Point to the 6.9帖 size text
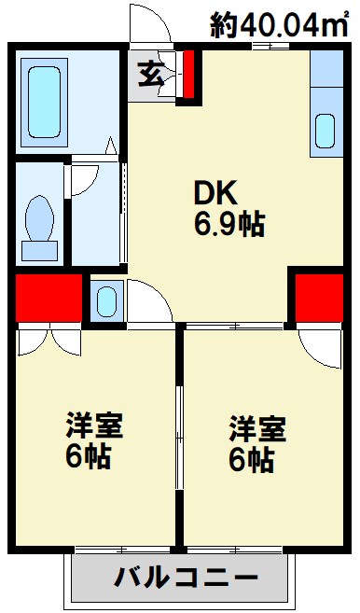point(228,224)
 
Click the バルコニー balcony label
point(187,578)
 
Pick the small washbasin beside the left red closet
point(105,300)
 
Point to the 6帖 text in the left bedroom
point(85,458)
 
